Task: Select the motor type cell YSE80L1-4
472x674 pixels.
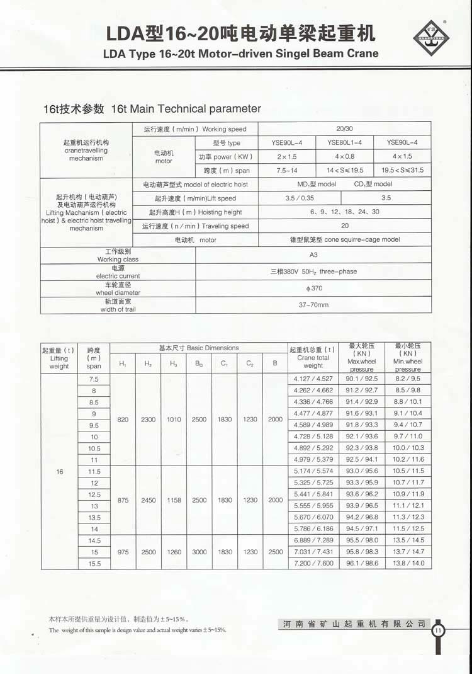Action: [x=345, y=142]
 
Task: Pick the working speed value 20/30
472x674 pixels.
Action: [x=345, y=129]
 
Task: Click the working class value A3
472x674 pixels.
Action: [x=314, y=255]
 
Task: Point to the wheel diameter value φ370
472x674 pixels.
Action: [x=314, y=288]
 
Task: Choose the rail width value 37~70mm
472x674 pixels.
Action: [x=314, y=305]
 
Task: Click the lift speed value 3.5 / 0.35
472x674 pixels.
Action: [x=299, y=198]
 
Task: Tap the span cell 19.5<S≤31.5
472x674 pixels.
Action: [x=403, y=170]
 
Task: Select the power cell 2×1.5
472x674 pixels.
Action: [x=287, y=156]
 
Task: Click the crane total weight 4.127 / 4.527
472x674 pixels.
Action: [x=313, y=379]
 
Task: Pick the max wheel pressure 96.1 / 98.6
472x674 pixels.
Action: [x=362, y=563]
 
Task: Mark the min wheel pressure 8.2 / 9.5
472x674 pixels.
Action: [x=408, y=379]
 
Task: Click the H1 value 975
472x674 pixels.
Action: [x=123, y=552]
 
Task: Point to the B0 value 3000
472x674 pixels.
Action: [x=199, y=552]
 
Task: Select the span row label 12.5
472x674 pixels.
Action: [x=94, y=494]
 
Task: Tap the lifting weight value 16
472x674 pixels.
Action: [x=60, y=471]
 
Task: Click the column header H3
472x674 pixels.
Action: [x=173, y=363]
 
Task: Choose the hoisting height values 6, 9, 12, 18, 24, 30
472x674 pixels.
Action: [x=345, y=212]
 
